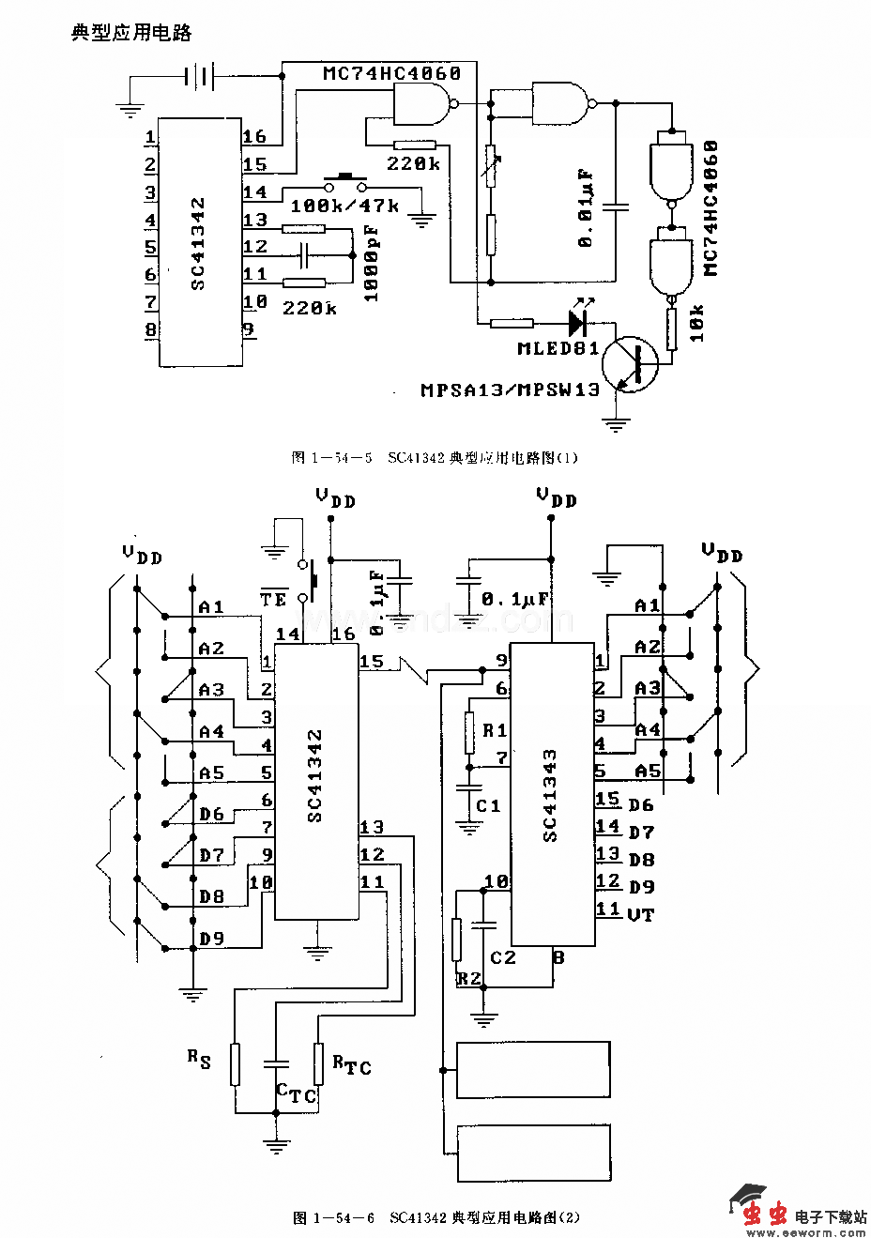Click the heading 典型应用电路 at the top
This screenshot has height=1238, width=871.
tap(131, 33)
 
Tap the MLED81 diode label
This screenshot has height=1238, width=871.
tap(558, 348)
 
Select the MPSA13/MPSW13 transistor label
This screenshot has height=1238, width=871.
tap(510, 390)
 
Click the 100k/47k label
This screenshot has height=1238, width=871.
tap(345, 205)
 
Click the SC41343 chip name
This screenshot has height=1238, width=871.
tap(550, 795)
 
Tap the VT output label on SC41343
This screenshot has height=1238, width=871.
tap(640, 914)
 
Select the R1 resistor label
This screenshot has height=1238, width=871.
tap(496, 729)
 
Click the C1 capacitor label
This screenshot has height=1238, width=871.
tap(488, 805)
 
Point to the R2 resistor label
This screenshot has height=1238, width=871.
tap(469, 978)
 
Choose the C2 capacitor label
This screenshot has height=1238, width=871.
tap(503, 957)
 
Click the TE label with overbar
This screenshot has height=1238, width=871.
tap(273, 599)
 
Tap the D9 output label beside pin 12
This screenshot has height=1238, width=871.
tap(641, 887)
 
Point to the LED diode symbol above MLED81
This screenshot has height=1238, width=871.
tap(577, 321)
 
